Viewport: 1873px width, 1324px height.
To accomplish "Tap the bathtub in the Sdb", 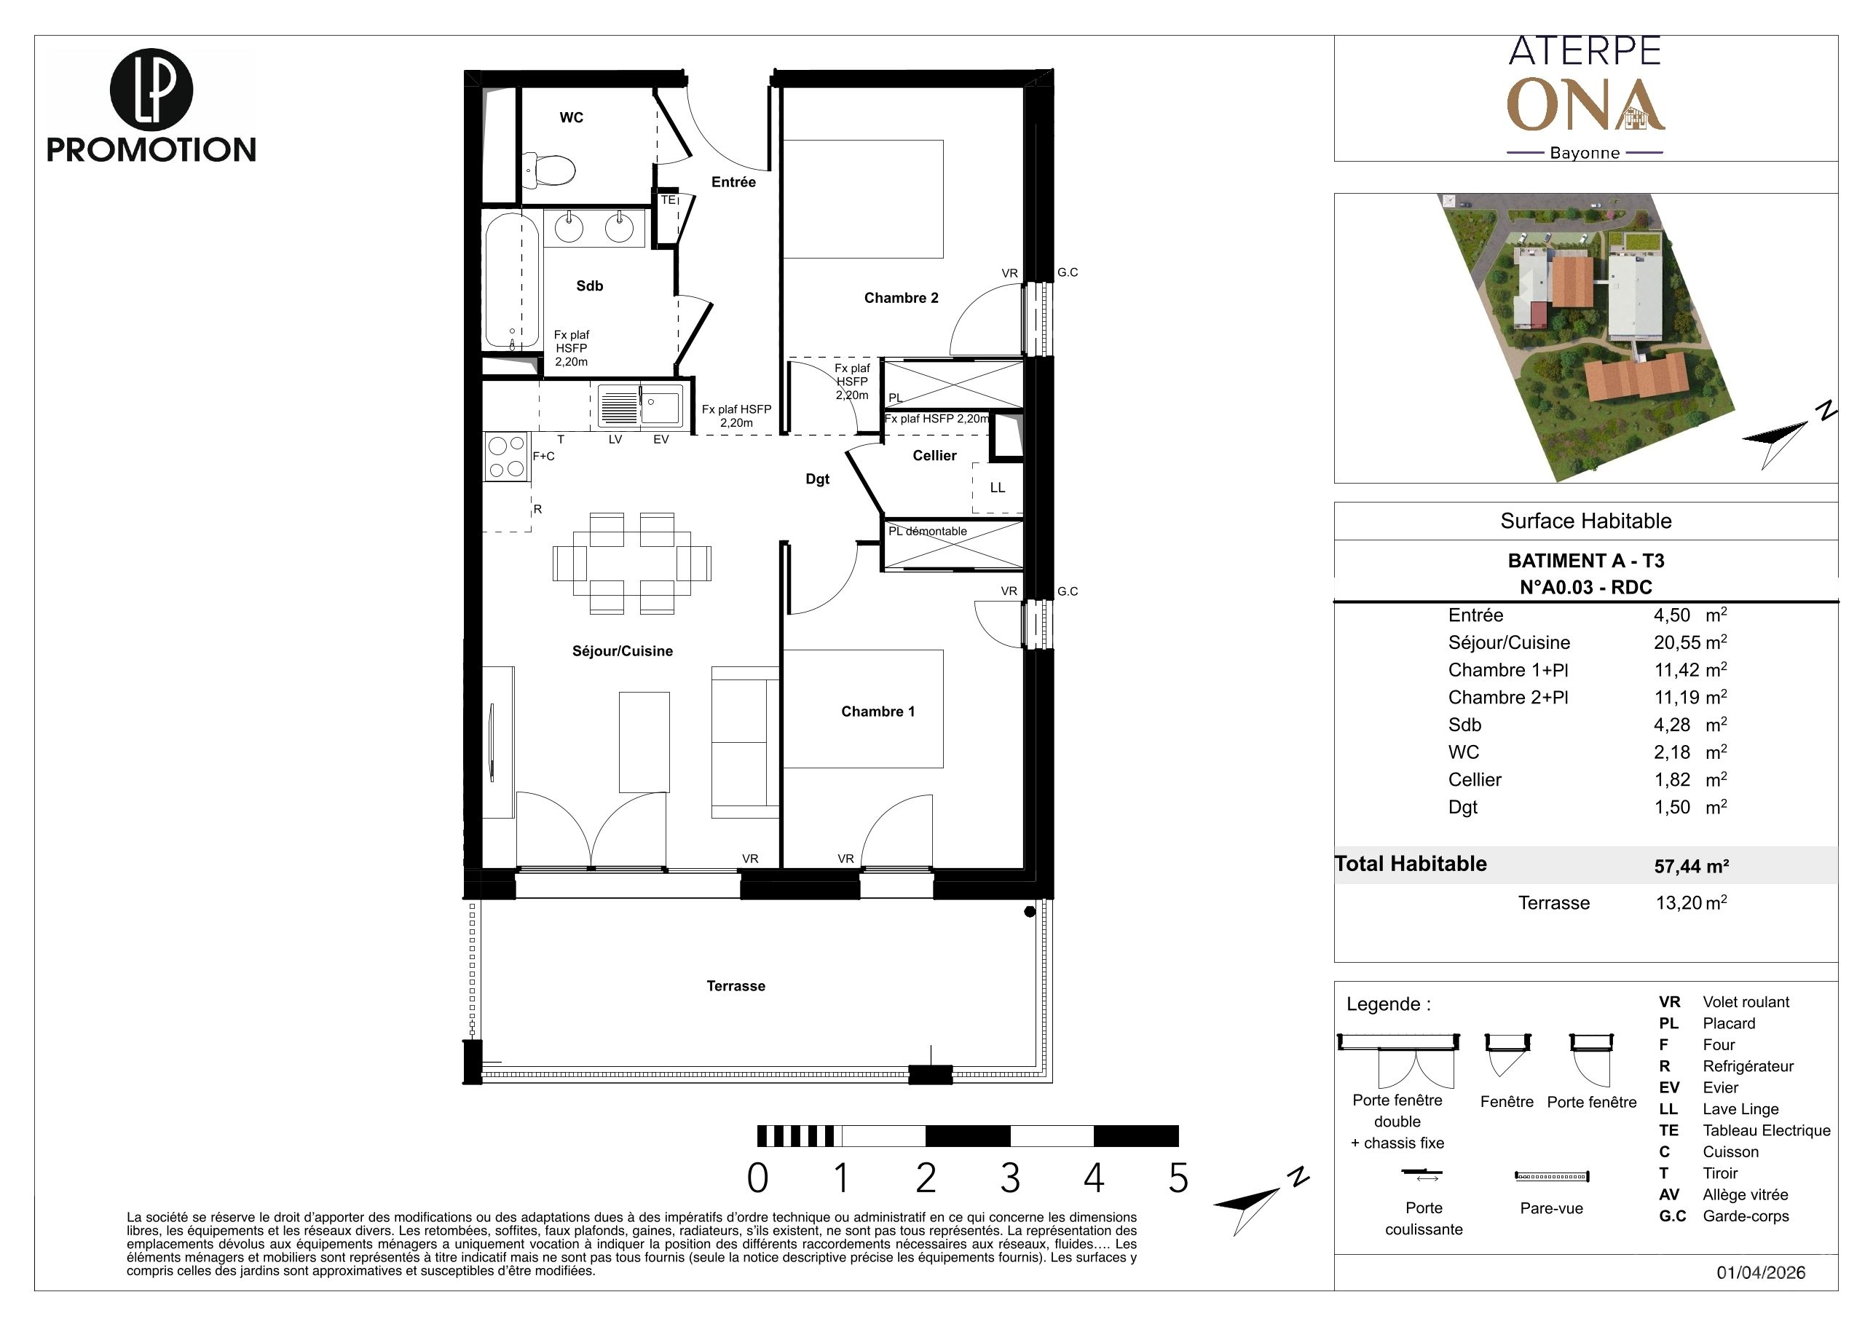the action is (512, 281).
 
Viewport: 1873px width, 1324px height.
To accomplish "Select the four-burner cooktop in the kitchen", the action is (506, 457).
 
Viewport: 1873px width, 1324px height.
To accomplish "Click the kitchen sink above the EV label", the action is (640, 406).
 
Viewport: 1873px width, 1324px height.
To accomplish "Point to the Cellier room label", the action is (934, 455).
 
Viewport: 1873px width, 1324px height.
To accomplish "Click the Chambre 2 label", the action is (901, 298).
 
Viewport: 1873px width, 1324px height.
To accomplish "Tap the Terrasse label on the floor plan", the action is (736, 985).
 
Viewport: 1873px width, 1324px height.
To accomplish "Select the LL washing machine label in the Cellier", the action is (997, 488).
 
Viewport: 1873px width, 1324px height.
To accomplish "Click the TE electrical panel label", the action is (668, 200).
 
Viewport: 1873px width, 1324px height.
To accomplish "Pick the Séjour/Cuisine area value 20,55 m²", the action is (1690, 642).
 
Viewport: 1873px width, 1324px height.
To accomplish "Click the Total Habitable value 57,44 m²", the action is (1691, 865).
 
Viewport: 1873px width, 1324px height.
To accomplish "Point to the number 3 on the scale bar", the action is (1010, 1177).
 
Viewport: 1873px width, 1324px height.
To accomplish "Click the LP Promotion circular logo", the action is (151, 90).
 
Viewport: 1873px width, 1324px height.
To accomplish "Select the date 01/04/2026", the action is (1760, 1272).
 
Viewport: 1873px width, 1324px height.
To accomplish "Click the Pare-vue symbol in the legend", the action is (1552, 1176).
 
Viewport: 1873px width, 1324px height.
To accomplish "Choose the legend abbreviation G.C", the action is (1672, 1216).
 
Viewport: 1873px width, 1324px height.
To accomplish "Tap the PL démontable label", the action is (928, 531).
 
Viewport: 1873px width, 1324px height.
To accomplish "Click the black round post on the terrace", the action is (1030, 911).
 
